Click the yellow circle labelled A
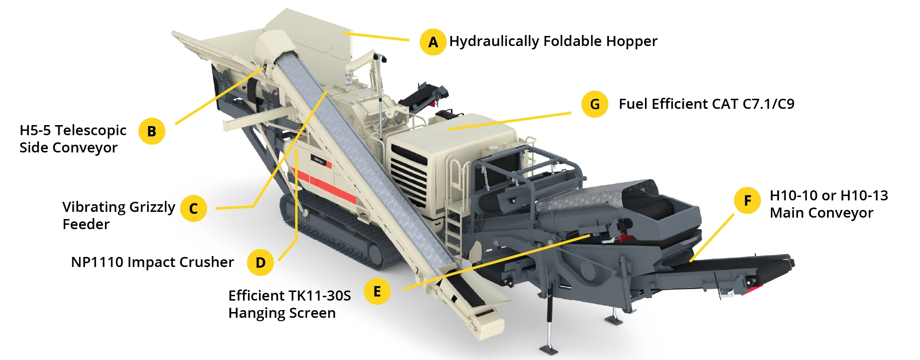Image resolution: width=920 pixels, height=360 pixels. [433, 42]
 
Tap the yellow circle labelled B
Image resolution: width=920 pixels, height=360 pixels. [151, 131]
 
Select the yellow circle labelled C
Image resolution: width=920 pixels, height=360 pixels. [194, 209]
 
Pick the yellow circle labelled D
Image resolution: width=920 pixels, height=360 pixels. [260, 262]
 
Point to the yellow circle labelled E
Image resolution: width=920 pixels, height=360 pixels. [377, 291]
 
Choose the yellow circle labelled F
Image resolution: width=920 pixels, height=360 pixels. [747, 200]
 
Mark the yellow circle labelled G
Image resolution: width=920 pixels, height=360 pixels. [595, 104]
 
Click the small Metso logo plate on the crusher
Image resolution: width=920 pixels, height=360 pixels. [319, 161]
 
